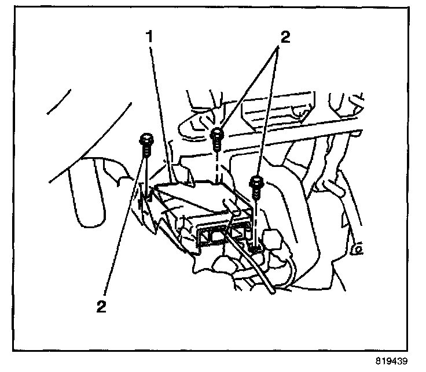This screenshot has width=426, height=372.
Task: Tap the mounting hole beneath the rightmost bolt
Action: coord(255,249)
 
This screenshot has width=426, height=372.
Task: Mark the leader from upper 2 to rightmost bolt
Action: coord(269,116)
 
